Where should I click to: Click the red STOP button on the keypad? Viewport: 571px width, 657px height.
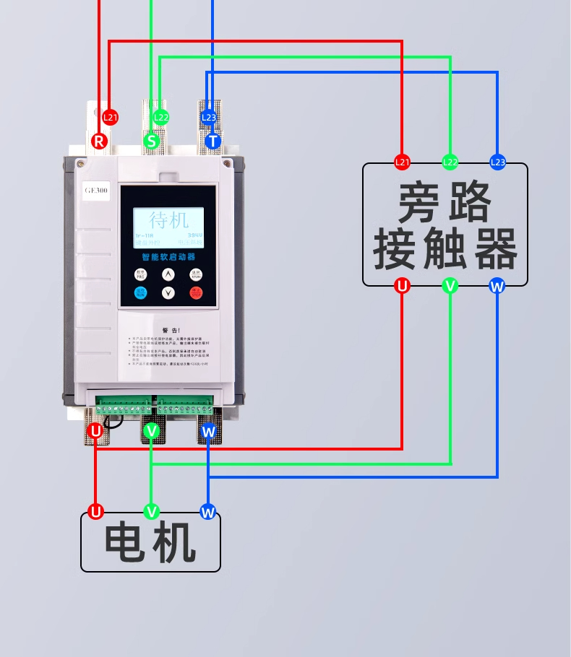(197, 292)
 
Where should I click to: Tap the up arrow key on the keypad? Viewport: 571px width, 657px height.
(168, 274)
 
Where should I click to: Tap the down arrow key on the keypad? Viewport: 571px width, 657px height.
(168, 292)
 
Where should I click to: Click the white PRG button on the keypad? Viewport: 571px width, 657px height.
(140, 274)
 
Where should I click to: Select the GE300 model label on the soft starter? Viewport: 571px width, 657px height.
(95, 191)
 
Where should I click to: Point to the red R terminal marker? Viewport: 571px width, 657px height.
(100, 141)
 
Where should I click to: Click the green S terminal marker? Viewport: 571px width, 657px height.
(152, 141)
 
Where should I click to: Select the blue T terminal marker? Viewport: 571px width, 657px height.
(212, 141)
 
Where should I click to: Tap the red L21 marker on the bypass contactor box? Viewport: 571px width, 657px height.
(402, 162)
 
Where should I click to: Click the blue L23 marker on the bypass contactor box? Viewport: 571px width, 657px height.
(497, 162)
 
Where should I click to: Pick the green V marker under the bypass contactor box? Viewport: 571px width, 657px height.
(450, 286)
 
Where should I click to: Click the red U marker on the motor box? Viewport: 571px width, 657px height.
(95, 512)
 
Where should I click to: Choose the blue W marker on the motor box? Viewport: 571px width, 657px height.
(208, 512)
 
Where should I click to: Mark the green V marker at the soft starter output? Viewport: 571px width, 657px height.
(151, 431)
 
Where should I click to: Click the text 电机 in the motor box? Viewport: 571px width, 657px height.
(150, 543)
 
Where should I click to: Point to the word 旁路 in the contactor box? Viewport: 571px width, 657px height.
(444, 202)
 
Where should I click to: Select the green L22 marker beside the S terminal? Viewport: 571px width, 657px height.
(160, 117)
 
